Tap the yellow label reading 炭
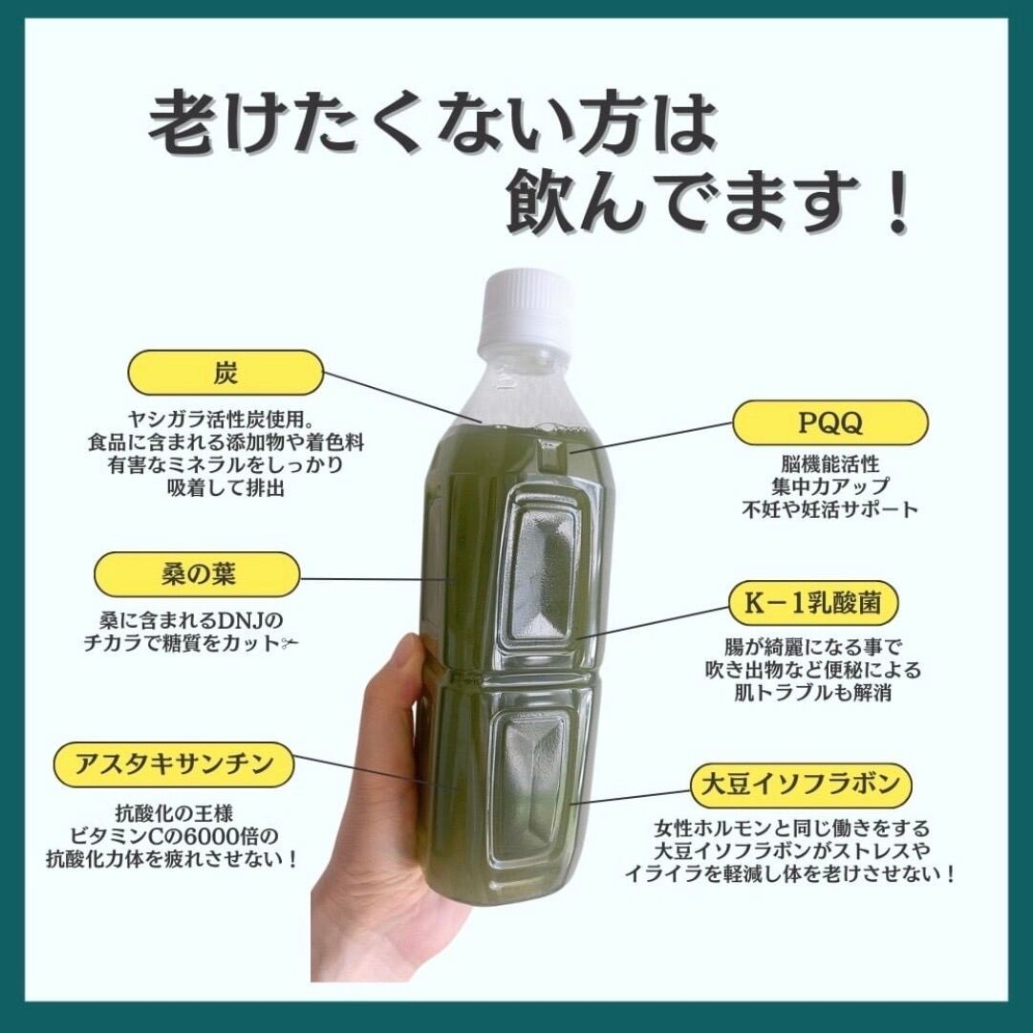(x=226, y=373)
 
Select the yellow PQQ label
(x=830, y=423)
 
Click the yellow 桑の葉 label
(x=198, y=574)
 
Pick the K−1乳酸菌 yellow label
(x=813, y=603)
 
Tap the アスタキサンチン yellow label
(x=173, y=764)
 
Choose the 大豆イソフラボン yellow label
(x=801, y=785)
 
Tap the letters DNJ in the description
(x=243, y=620)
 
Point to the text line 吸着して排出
(x=226, y=489)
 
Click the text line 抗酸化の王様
(x=174, y=813)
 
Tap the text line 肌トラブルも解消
(x=813, y=693)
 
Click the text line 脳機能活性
(x=830, y=463)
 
